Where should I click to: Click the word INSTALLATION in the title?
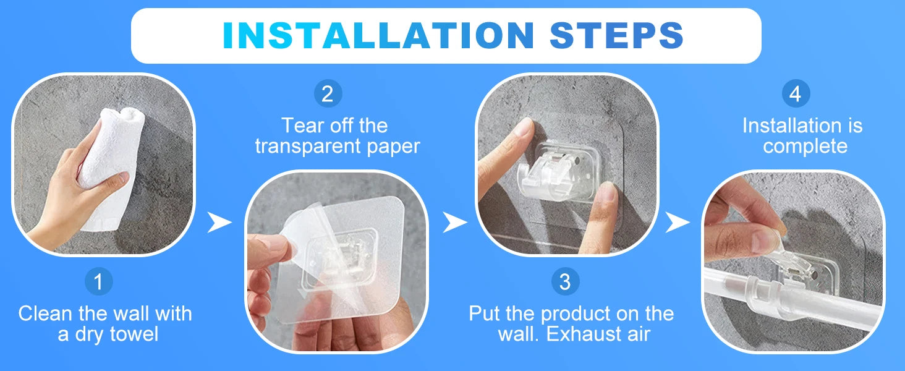click(378, 35)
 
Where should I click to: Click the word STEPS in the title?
click(616, 35)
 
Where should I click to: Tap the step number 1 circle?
click(98, 281)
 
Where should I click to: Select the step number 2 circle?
click(328, 93)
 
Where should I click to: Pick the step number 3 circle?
click(565, 281)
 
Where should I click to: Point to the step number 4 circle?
click(796, 93)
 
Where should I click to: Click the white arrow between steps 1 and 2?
click(219, 222)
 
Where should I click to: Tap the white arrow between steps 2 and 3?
click(454, 222)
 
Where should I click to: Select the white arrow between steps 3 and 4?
click(678, 222)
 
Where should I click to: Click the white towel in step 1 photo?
click(110, 166)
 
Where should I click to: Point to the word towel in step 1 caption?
click(134, 335)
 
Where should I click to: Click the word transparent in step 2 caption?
click(308, 147)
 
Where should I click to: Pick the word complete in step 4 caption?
click(805, 147)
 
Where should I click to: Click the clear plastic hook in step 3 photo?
click(558, 172)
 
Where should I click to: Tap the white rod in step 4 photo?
click(792, 299)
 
